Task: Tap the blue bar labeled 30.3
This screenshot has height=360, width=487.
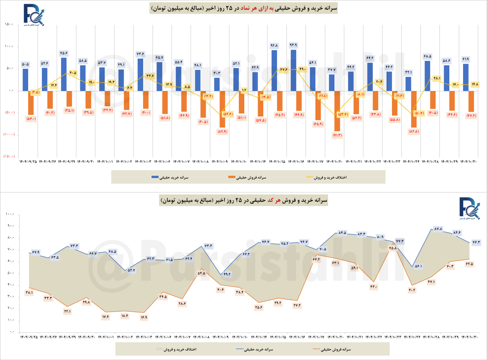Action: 217,84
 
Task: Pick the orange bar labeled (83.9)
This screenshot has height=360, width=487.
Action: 222,109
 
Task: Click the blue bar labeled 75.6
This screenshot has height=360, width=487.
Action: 64,74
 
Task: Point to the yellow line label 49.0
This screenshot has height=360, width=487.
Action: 302,69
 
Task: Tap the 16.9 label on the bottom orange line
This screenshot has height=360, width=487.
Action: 143,317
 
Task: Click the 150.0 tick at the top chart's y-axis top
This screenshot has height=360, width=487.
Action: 10,25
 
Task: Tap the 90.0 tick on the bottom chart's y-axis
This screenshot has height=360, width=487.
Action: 10,226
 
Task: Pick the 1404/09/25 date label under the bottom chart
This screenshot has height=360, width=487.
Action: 29,337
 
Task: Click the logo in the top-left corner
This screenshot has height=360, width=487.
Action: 33,15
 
